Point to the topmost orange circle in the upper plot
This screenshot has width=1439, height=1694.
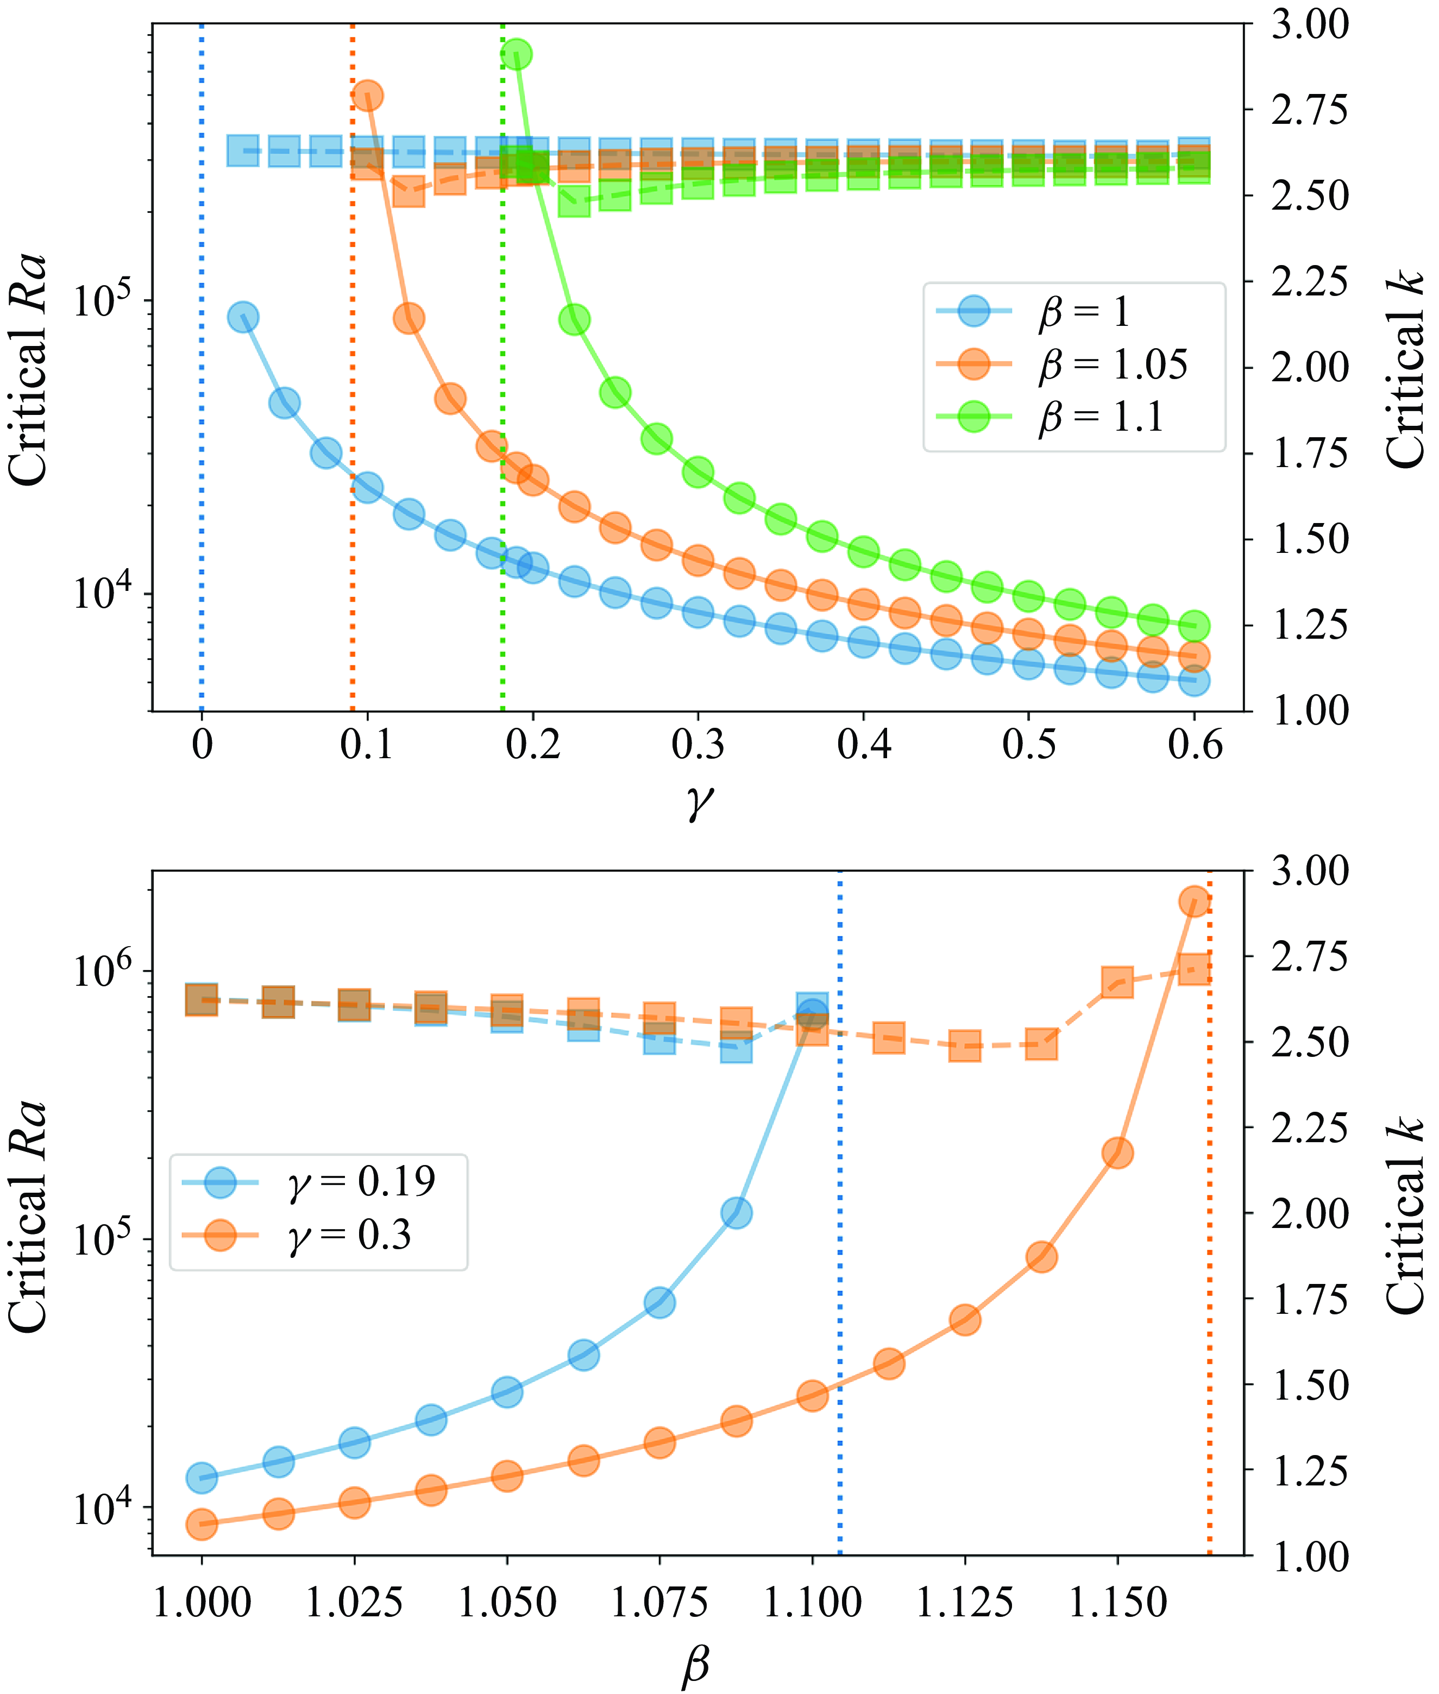coord(367,96)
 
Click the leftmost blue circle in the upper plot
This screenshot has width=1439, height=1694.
coord(243,317)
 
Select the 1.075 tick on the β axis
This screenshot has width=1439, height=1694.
coord(659,1603)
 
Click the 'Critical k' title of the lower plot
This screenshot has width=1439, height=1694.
coord(1405,1214)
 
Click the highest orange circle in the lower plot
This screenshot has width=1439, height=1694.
coord(1193,901)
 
